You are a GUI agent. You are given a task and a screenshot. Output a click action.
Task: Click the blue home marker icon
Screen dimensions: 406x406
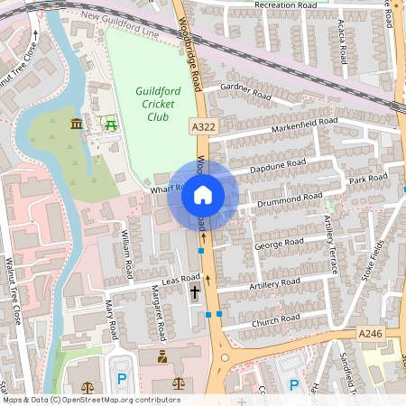coord(203,195)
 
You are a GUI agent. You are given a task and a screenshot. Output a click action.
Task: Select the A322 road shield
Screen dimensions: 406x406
coord(204,128)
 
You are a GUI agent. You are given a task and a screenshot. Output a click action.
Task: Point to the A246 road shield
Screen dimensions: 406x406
coord(371,334)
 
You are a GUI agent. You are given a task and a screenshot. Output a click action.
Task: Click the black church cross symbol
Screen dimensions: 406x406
coord(196,291)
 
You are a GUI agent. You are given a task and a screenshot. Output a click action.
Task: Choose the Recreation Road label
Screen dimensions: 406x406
coord(287,5)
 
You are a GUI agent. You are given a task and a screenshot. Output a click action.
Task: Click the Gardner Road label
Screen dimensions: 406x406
coord(245,92)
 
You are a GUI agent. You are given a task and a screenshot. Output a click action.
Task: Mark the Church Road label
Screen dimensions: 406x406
coord(276,319)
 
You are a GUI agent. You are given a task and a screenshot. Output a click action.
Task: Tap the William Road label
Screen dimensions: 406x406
coord(126,254)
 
